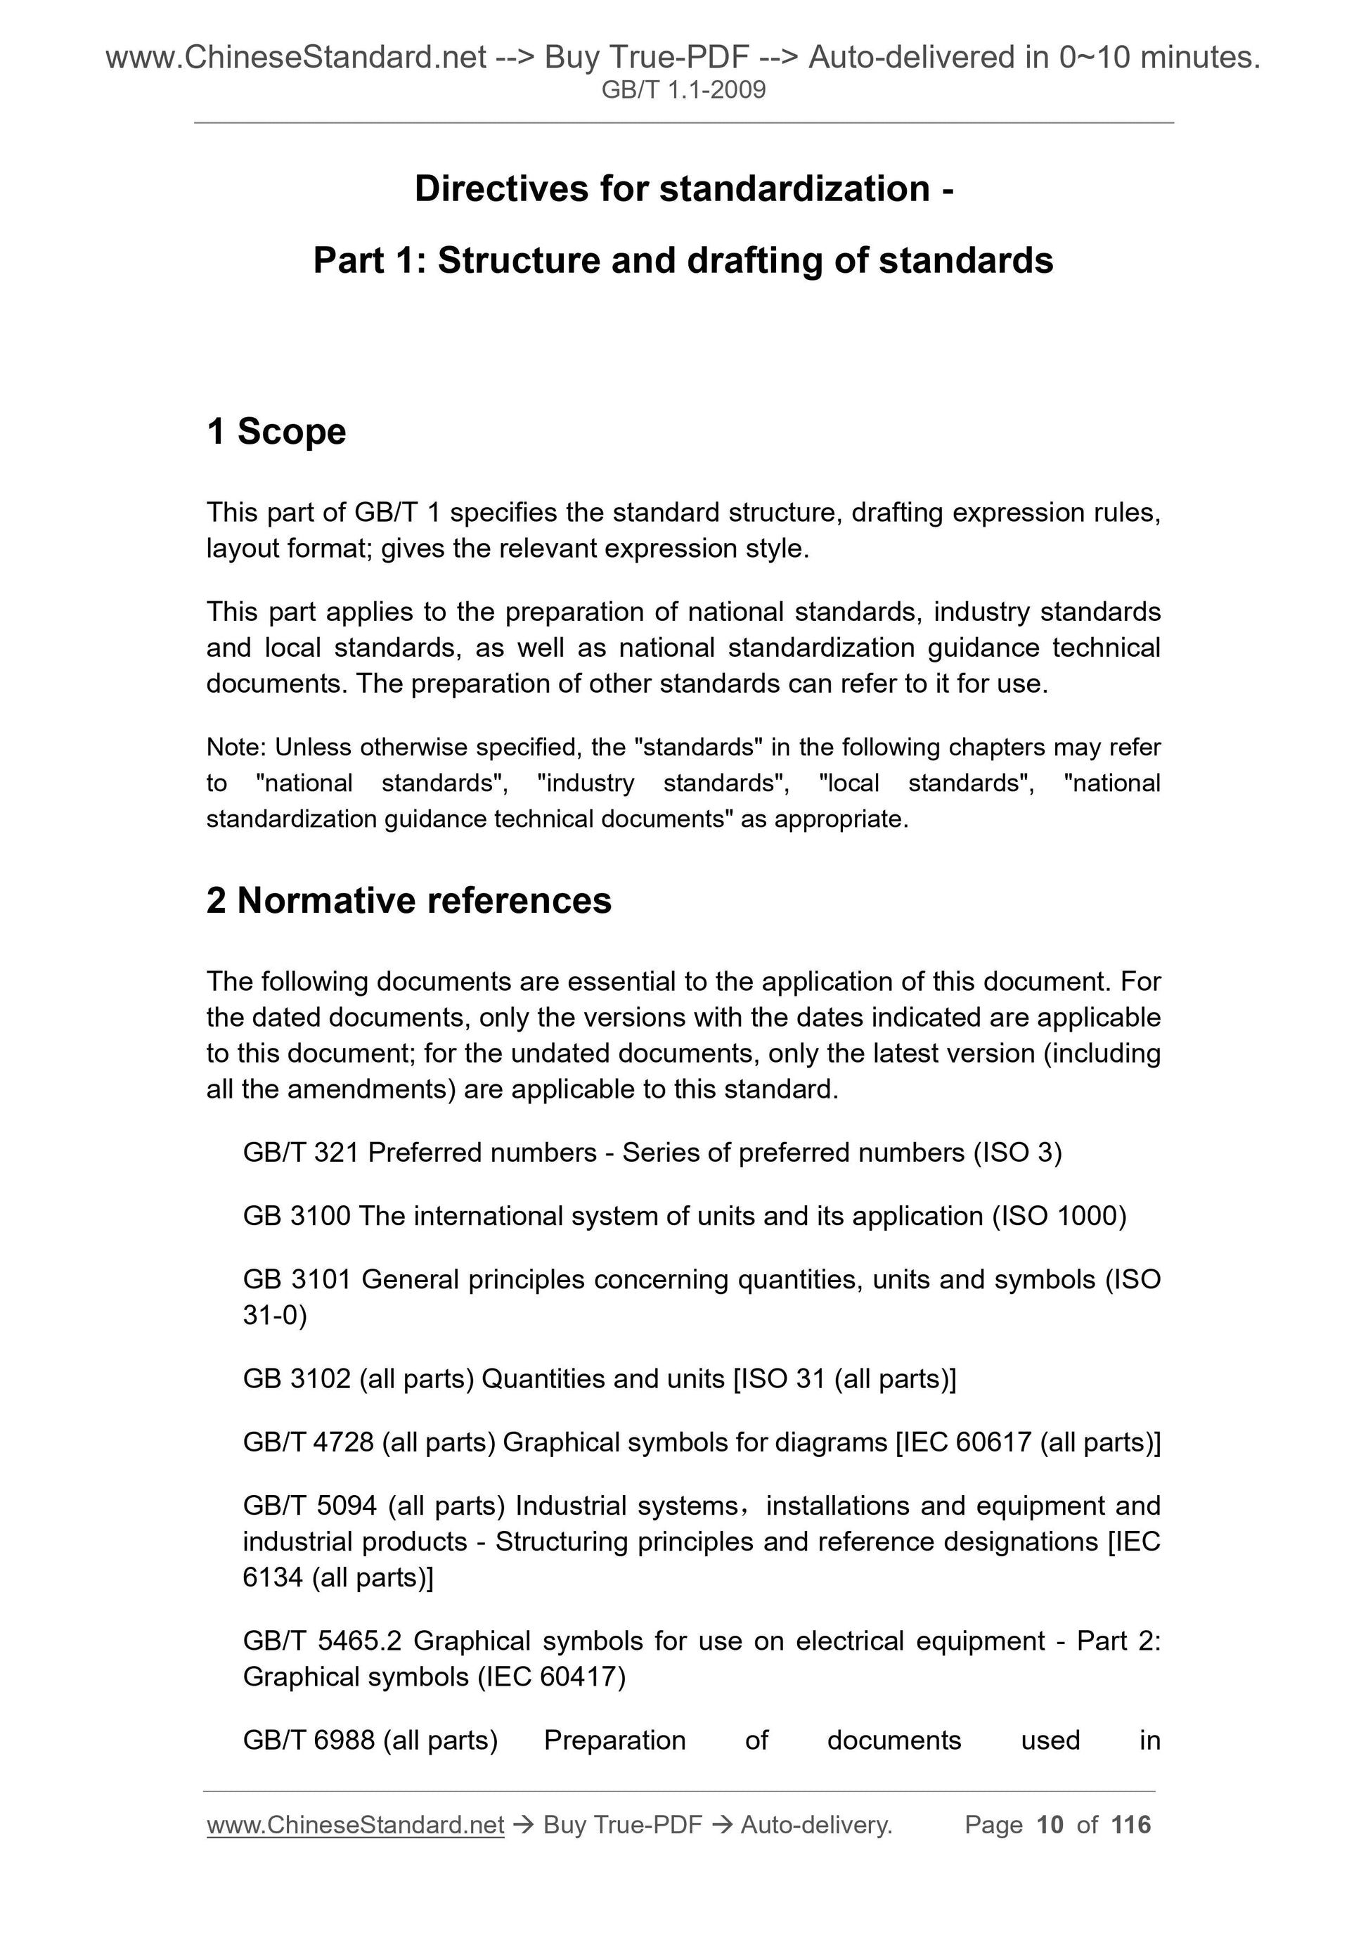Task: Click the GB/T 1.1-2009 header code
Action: tap(683, 89)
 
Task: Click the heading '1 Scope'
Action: tap(276, 432)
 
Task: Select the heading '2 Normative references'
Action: tap(409, 901)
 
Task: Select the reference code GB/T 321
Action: tap(301, 1152)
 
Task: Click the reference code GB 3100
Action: tap(296, 1216)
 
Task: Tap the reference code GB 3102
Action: tap(296, 1378)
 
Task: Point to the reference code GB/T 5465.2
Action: tap(322, 1641)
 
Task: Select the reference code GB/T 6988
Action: tap(308, 1740)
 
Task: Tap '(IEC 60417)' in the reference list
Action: tap(551, 1677)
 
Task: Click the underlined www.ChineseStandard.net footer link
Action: tap(355, 1825)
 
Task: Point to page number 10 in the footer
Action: tap(1050, 1825)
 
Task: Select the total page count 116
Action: tap(1131, 1825)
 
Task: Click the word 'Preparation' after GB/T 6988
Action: tap(614, 1740)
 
